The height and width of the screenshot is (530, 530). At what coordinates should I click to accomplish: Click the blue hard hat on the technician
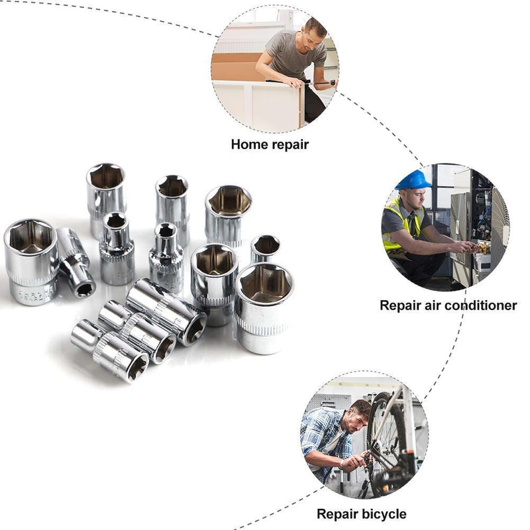click(413, 180)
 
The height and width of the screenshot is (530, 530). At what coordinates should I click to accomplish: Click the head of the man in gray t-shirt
click(314, 30)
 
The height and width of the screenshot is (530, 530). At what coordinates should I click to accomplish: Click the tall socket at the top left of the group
click(106, 192)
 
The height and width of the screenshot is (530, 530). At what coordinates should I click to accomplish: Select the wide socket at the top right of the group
click(229, 212)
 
